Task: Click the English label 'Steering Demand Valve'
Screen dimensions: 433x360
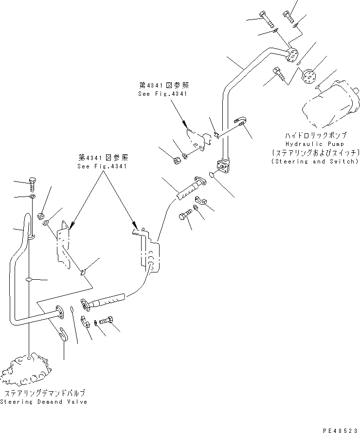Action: (44, 402)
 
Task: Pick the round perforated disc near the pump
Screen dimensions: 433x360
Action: (309, 77)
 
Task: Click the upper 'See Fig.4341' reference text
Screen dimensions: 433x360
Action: (162, 94)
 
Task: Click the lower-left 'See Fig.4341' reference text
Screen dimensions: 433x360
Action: (102, 166)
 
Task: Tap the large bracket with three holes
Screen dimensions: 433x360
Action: (149, 248)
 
